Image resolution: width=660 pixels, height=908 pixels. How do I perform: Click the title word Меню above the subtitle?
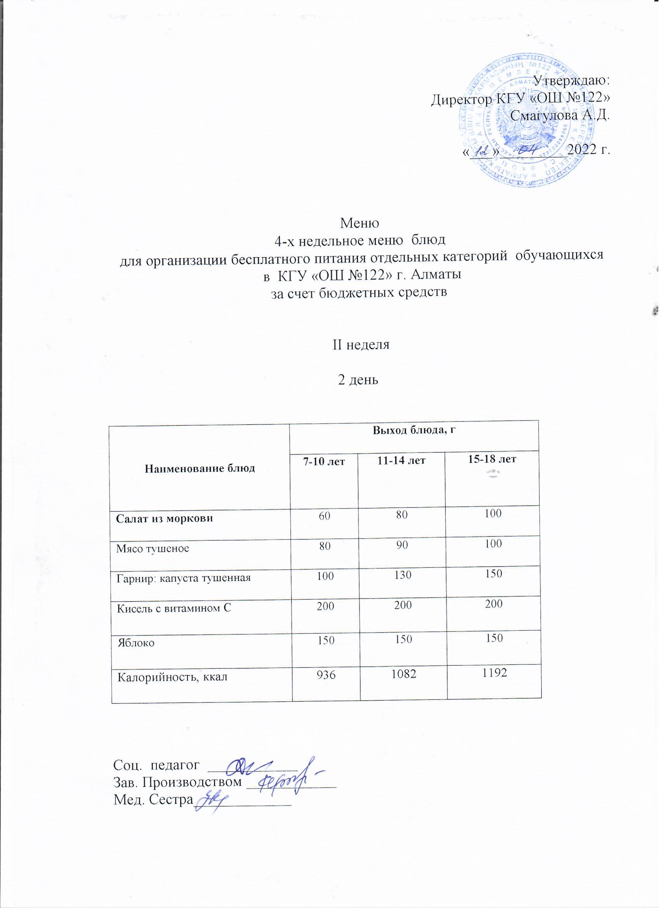tap(359, 222)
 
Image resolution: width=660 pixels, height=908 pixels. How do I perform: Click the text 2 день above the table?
tap(358, 379)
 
